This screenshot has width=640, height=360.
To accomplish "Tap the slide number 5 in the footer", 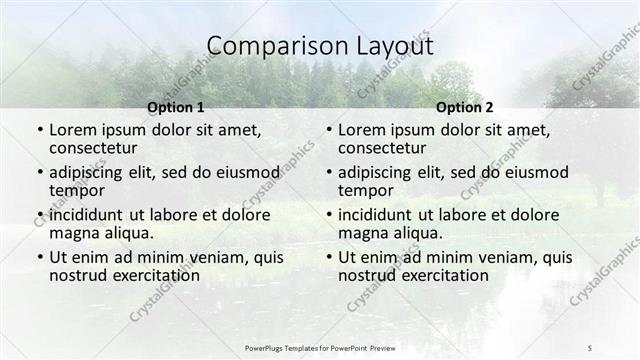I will tap(590, 347).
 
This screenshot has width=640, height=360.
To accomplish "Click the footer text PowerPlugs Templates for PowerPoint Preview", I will tap(319, 347).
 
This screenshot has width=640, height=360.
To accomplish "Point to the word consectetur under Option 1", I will tap(95, 148).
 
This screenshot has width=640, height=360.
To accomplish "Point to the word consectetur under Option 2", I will tap(384, 148).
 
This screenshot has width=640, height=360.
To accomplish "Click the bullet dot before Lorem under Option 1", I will tap(40, 130).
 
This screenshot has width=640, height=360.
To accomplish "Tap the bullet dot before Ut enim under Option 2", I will tap(329, 257).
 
